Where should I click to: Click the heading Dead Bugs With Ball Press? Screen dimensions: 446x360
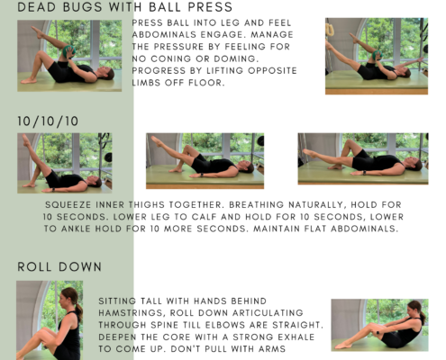pos(125,7)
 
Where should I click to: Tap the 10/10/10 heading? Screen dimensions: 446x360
pos(48,121)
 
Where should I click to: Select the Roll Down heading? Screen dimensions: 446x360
pos(59,266)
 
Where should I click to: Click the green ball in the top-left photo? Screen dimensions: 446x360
pos(68,51)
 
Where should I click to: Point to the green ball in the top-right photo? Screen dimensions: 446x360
pos(377,55)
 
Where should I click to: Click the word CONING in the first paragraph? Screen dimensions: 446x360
pos(172,58)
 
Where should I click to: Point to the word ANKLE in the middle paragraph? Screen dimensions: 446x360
pos(76,229)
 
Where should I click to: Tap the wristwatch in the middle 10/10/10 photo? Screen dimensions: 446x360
pos(202,175)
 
